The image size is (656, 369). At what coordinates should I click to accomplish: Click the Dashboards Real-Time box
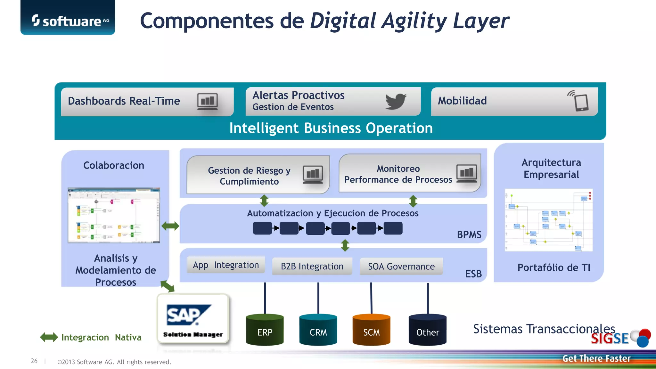[147, 101]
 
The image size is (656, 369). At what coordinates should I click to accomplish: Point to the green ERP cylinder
[265, 330]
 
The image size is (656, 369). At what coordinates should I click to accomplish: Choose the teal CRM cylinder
[318, 330]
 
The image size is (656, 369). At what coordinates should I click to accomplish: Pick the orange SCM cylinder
[371, 330]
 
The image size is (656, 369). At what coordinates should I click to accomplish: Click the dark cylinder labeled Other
[427, 330]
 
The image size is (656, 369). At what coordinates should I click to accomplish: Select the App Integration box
[226, 265]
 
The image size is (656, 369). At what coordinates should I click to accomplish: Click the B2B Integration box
[312, 266]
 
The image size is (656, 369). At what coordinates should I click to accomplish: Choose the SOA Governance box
[401, 266]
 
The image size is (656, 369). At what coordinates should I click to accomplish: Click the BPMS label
[469, 234]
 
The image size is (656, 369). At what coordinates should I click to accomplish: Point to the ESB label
[473, 274]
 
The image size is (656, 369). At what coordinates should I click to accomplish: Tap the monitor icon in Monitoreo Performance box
[467, 173]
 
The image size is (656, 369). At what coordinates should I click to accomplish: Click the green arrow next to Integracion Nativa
[49, 337]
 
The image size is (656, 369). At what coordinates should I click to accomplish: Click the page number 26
[34, 361]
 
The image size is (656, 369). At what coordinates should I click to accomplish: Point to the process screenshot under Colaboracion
[114, 215]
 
